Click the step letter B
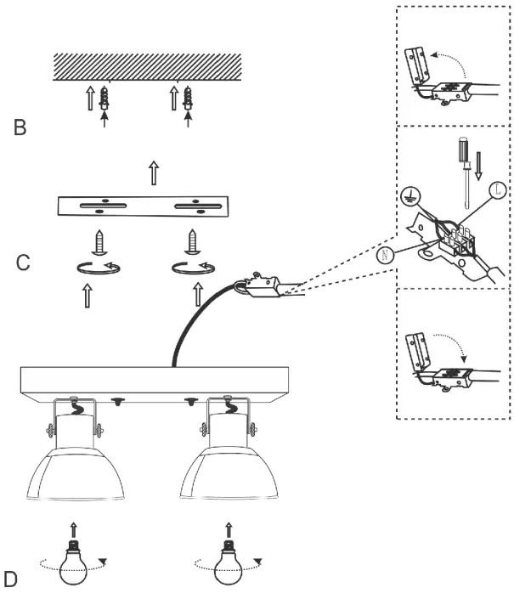[20, 128]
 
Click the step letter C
[25, 261]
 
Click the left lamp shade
[72, 477]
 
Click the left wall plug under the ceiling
[104, 101]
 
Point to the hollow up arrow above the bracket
[154, 173]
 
